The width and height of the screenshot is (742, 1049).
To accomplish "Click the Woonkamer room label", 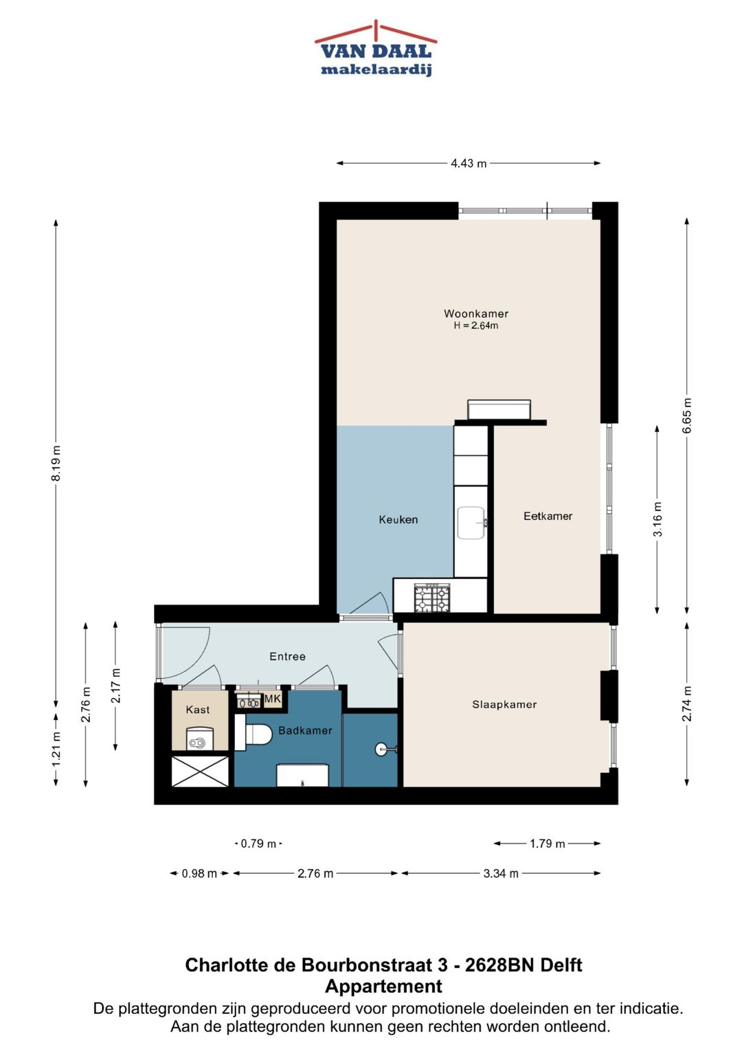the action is [476, 314].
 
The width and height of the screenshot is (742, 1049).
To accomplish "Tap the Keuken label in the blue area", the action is [398, 519].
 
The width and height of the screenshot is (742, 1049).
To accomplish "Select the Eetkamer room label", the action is [548, 516].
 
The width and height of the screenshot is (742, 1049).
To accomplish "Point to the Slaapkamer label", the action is [504, 704].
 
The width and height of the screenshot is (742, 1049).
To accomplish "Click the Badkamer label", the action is [305, 730].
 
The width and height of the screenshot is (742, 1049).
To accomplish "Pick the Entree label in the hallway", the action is [287, 657].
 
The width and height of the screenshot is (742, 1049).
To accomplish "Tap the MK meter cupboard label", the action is [273, 699].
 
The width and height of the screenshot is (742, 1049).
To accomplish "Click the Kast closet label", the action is [198, 710].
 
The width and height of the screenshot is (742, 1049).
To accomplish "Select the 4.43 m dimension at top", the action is [469, 163].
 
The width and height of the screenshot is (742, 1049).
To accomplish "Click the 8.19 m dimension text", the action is [56, 463].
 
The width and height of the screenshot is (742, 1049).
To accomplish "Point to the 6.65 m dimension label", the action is [687, 416].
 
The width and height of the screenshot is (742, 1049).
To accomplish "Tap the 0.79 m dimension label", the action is [258, 844].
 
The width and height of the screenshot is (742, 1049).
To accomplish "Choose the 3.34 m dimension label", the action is [501, 873].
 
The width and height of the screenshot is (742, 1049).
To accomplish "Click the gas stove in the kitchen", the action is [432, 598].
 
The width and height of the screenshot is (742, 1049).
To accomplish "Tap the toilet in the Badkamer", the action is [258, 734].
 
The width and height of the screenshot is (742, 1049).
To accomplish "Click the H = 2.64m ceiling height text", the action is [475, 326].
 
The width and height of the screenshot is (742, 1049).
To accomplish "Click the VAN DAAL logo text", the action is [376, 52].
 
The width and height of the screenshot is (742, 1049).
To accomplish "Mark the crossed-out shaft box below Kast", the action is [200, 771].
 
